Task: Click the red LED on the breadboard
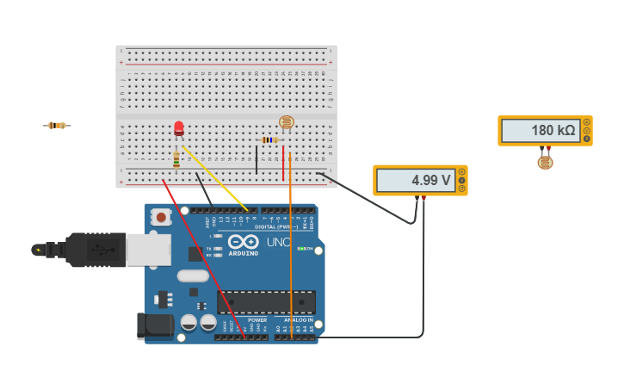[x=179, y=128]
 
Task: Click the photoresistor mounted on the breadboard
[x=287, y=122]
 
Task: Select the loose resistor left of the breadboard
[x=57, y=126]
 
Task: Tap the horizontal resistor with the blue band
[x=270, y=139]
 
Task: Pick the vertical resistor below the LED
[x=176, y=159]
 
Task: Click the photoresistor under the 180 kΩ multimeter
[x=546, y=162]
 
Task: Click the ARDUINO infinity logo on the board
[x=244, y=242]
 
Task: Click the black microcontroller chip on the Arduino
[x=266, y=302]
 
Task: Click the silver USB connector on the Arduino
[x=148, y=249]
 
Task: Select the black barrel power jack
[x=154, y=325]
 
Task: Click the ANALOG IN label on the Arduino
[x=299, y=320]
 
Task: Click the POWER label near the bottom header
[x=257, y=320]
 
